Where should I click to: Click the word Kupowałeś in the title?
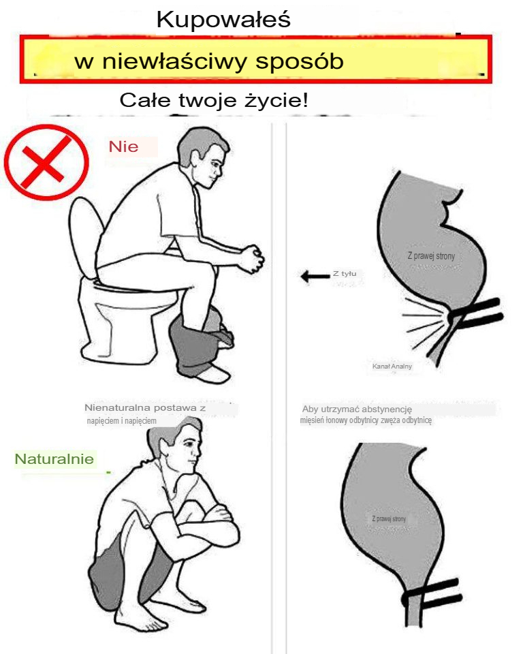[223, 19]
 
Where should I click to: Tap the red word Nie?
[123, 146]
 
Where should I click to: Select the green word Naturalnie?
[54, 459]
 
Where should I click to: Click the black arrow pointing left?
[314, 276]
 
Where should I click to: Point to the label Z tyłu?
[344, 274]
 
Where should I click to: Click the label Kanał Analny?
[392, 367]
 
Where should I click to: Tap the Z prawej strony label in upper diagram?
[430, 256]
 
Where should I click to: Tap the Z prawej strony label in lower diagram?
[389, 519]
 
